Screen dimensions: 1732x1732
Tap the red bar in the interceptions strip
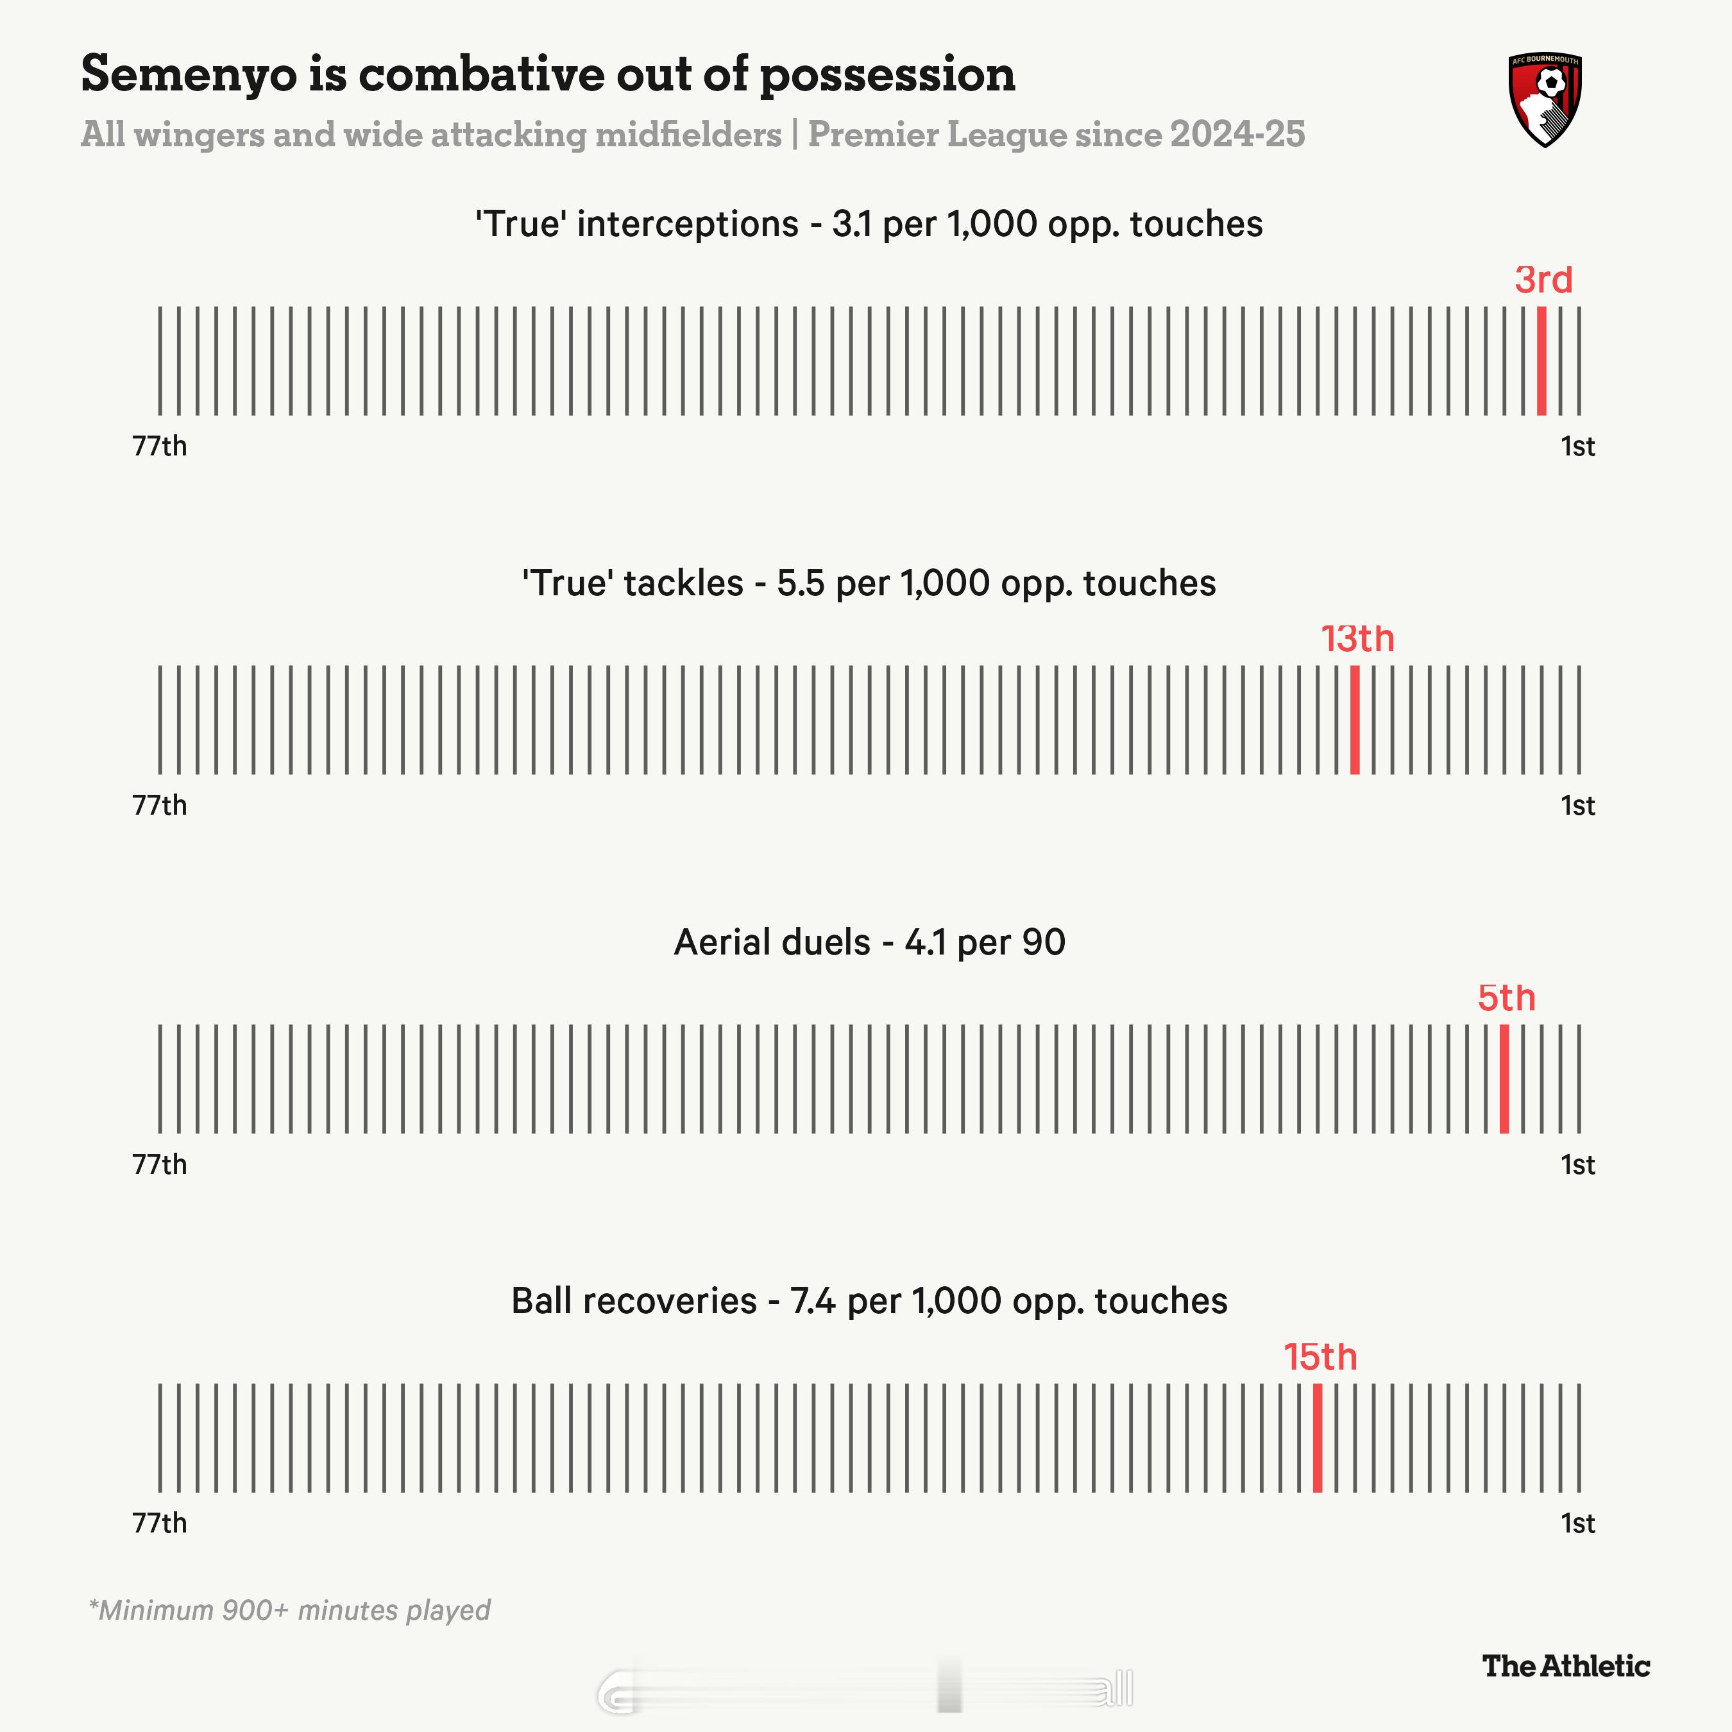1541,361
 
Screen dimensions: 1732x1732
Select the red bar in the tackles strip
1355,719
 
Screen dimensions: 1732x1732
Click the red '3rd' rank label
1543,280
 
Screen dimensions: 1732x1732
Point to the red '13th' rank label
1357,639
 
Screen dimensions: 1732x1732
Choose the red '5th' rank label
1506,998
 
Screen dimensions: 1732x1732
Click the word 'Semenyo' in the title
188,75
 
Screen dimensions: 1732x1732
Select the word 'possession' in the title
888,75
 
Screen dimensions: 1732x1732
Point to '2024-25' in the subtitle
1237,135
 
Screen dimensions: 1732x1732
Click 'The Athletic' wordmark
1565,1666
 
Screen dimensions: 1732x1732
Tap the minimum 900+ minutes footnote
289,1610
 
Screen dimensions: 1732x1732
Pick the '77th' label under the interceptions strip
160,446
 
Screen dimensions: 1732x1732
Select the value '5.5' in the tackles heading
800,584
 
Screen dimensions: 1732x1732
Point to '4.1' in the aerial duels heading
925,942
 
